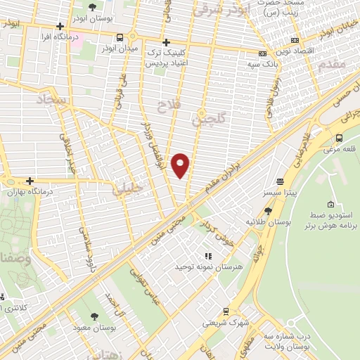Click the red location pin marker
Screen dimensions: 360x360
pos(181,165)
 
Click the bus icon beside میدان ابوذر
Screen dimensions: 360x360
pos(121,37)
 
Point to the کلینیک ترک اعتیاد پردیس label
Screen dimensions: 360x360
pos(166,57)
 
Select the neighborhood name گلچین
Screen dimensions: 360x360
pos(210,122)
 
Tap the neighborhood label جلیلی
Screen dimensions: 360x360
pos(127,187)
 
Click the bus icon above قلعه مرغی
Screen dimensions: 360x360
pos(340,138)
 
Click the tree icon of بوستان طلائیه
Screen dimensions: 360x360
pos(268,210)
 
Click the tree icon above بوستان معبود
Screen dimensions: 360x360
pos(95,317)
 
